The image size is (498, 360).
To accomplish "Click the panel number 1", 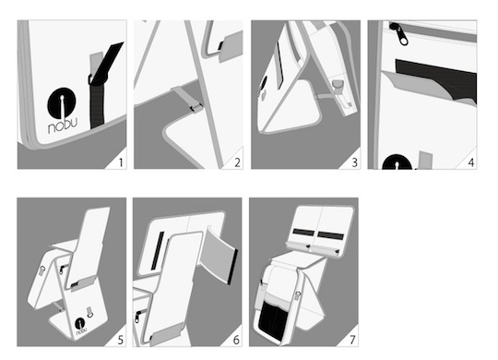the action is (x=121, y=162).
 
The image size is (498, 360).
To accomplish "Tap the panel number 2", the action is (x=237, y=162).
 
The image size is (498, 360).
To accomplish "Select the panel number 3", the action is (x=355, y=162).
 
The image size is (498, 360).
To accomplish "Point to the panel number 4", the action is (x=471, y=162).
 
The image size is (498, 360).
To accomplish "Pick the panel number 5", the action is (x=121, y=340).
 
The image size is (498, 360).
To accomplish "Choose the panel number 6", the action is (x=236, y=340).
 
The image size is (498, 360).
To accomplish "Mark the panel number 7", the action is (x=352, y=340).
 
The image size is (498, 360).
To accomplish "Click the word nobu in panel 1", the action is (x=63, y=125).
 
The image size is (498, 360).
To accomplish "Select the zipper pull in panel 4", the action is (x=399, y=34).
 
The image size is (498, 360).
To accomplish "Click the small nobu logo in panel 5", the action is (x=80, y=327).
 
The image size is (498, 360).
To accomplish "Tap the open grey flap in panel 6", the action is (x=219, y=255).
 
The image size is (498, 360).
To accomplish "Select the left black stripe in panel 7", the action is (x=303, y=233).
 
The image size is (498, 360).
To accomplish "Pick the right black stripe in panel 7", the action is (x=331, y=236).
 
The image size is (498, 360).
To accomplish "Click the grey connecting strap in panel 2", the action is (x=187, y=99).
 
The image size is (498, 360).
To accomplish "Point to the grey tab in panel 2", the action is (x=231, y=46).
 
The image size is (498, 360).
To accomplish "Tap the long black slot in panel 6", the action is (x=158, y=250).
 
